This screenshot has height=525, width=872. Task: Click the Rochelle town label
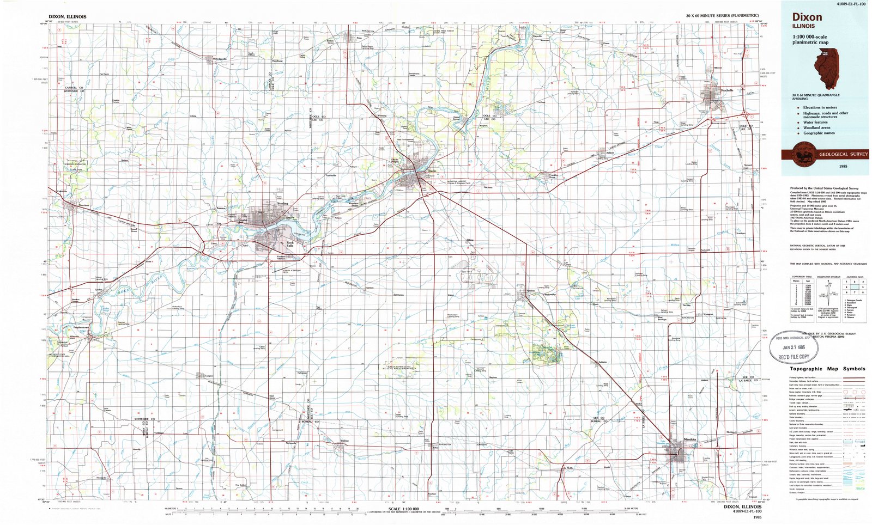(x=727, y=90)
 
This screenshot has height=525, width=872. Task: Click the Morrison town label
(x=83, y=205)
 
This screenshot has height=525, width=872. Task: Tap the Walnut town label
(x=344, y=441)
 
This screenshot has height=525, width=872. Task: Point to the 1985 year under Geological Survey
(x=843, y=165)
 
